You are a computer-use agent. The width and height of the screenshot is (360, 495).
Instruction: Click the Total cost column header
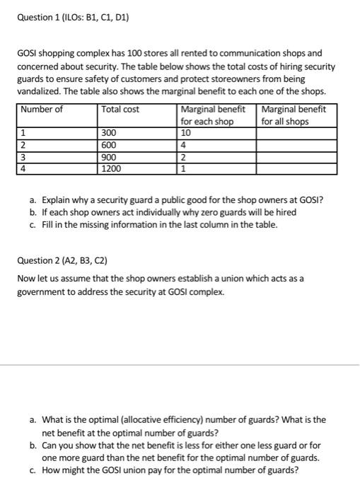pyautogui.click(x=120, y=110)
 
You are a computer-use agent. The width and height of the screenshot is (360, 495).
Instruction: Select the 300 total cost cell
pyautogui.click(x=110, y=132)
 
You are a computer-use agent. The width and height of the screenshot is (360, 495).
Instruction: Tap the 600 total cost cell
pyautogui.click(x=110, y=144)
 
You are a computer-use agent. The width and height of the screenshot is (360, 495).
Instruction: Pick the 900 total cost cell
pyautogui.click(x=110, y=156)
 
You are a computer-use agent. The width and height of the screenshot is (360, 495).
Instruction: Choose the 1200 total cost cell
pyautogui.click(x=112, y=168)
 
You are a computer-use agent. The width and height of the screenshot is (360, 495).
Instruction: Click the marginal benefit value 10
pyautogui.click(x=186, y=132)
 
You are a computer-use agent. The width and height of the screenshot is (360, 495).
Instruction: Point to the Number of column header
pyautogui.click(x=42, y=110)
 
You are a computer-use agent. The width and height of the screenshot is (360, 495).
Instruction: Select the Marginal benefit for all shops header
pyautogui.click(x=294, y=115)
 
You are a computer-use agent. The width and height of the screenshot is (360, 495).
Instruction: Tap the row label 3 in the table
pyautogui.click(x=23, y=156)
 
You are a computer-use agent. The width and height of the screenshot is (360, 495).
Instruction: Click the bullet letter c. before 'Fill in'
pyautogui.click(x=33, y=225)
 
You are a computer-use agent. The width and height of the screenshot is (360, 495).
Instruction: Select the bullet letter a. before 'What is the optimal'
pyautogui.click(x=33, y=419)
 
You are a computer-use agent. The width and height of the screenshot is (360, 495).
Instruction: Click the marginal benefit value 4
pyautogui.click(x=184, y=144)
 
